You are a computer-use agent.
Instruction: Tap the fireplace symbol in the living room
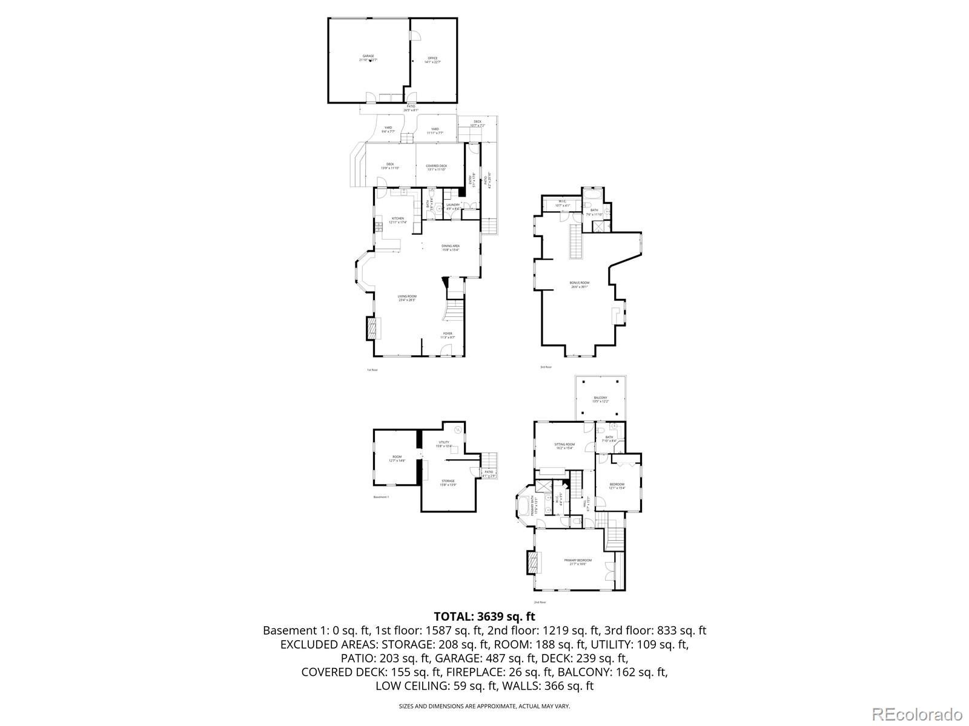[371, 329]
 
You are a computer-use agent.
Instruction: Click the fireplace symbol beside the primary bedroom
[532, 562]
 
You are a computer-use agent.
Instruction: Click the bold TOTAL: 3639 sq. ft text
[484, 616]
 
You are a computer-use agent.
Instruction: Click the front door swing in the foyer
[446, 349]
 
